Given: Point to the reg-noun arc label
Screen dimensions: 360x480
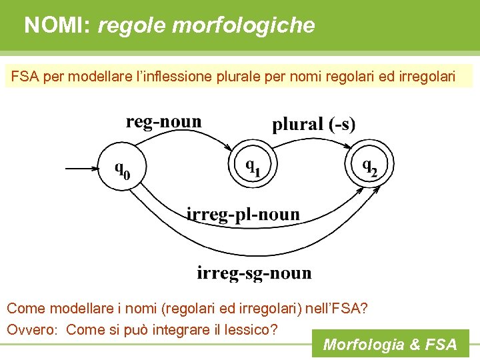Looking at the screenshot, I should click(x=163, y=121).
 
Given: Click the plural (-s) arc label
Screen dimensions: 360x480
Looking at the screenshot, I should click(x=313, y=123).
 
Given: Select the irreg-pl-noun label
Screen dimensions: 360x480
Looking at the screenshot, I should click(x=243, y=215).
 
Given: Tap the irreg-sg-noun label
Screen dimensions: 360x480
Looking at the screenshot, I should click(x=254, y=273).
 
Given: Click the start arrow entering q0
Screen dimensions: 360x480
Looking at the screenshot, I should click(x=81, y=169).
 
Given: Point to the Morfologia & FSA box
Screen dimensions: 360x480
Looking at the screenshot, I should click(x=390, y=344).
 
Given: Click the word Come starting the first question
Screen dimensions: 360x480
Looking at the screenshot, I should click(x=26, y=309).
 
